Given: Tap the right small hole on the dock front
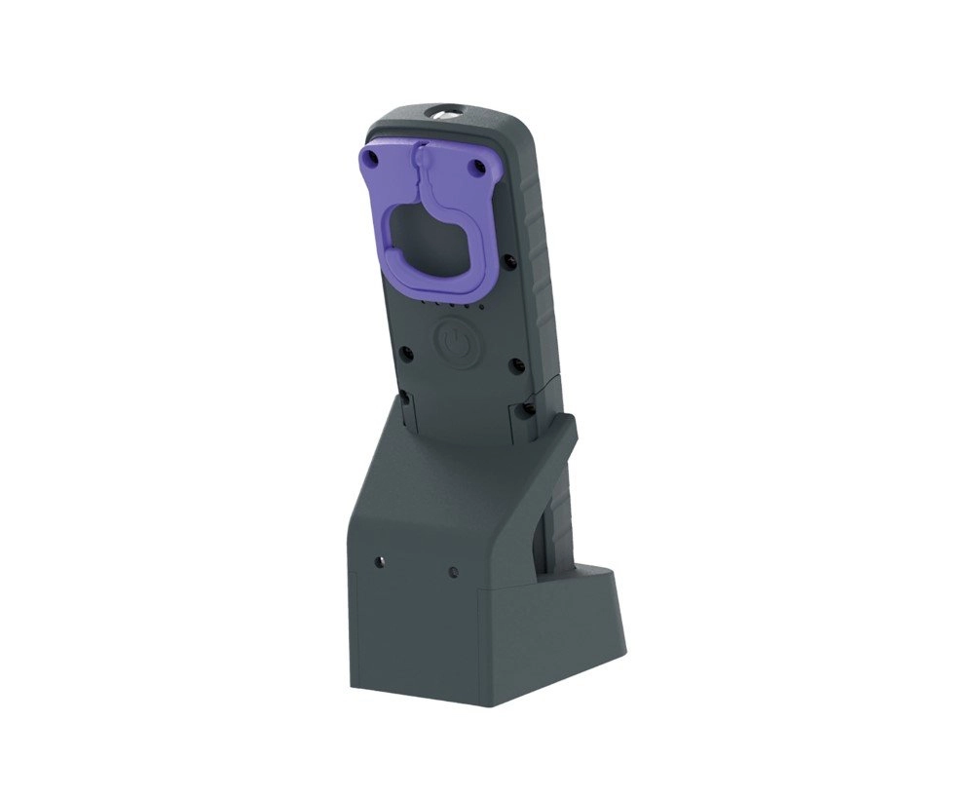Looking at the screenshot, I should coord(452,571).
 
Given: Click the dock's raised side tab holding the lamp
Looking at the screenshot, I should coord(568,429).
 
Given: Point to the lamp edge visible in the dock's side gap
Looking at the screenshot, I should coord(554,526).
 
